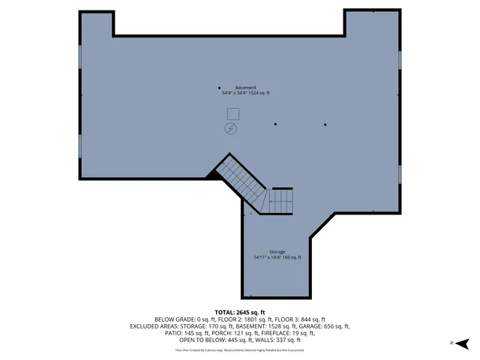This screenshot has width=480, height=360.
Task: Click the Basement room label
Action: [245, 87]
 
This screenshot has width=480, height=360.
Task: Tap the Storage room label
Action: [277, 251]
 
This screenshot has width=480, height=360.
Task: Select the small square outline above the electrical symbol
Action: [232, 113]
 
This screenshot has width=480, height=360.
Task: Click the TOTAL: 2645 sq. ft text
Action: [240, 312]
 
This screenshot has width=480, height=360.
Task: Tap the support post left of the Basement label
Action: [219, 87]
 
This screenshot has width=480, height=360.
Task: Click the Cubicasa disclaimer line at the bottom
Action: [240, 349]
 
